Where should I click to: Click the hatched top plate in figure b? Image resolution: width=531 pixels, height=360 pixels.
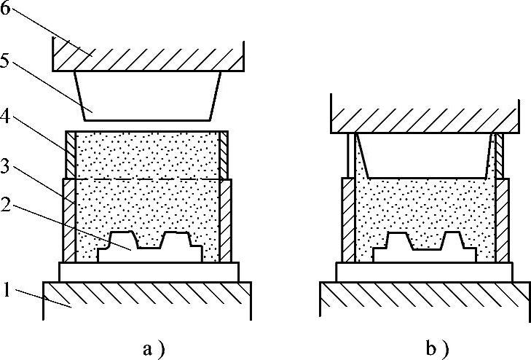click(x=426, y=114)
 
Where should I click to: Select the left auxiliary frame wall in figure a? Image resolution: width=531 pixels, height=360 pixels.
click(x=71, y=154)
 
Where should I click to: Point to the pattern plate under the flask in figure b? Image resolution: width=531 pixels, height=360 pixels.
click(x=426, y=271)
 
